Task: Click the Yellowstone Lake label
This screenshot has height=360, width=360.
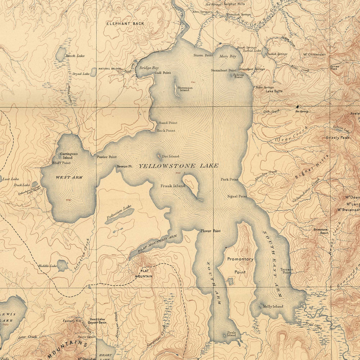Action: pyautogui.click(x=178, y=166)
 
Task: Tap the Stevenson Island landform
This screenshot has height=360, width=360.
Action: pyautogui.click(x=176, y=88)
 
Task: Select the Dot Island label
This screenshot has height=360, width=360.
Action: pyautogui.click(x=170, y=156)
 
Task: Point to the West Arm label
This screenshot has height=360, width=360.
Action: pyautogui.click(x=69, y=177)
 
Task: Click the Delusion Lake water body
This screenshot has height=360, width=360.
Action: pyautogui.click(x=120, y=216)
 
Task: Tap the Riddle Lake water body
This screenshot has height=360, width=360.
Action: pyautogui.click(x=62, y=265)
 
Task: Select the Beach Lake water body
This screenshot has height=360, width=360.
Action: pyautogui.click(x=61, y=54)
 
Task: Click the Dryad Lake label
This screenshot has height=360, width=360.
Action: pyautogui.click(x=81, y=74)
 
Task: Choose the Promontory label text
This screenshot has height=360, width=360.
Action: pyautogui.click(x=240, y=259)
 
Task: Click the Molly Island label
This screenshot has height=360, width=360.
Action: pyautogui.click(x=273, y=306)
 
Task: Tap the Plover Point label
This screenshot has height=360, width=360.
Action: pyautogui.click(x=210, y=231)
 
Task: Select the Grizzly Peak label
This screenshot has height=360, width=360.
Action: pyautogui.click(x=338, y=137)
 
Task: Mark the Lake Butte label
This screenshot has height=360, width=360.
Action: pyautogui.click(x=274, y=91)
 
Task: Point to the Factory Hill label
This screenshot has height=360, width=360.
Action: pyautogui.click(x=72, y=321)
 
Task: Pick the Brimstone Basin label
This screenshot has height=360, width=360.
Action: pyautogui.click(x=321, y=231)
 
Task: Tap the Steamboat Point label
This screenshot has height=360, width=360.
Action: pyautogui.click(x=223, y=70)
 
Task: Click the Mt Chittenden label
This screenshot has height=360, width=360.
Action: pyautogui.click(x=314, y=54)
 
